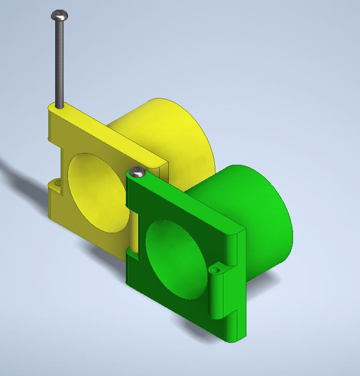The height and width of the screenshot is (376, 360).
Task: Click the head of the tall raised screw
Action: point(59,15)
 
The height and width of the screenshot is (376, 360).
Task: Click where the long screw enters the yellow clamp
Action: point(59,106)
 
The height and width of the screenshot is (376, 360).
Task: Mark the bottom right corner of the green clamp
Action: point(235,339)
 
